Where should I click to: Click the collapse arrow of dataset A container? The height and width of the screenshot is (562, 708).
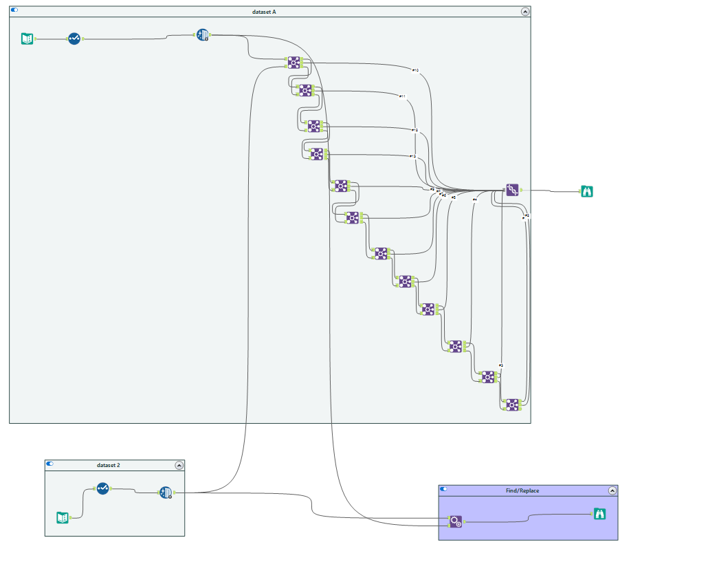click(525, 12)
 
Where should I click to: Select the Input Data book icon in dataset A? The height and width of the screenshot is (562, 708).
click(27, 39)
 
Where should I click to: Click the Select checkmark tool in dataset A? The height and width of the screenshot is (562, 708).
click(74, 39)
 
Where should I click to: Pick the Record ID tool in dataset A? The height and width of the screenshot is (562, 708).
click(203, 35)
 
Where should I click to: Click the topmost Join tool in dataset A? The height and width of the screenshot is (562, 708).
click(294, 63)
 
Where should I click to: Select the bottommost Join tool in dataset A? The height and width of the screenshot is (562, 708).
click(512, 404)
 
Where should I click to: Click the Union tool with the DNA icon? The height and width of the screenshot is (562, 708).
click(512, 190)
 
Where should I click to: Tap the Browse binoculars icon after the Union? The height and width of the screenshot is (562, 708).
click(586, 191)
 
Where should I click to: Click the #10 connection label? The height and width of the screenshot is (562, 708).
click(415, 70)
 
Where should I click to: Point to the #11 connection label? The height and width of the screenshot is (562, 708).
click(403, 96)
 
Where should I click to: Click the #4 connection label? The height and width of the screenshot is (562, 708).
click(474, 200)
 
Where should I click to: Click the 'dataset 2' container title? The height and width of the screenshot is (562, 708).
click(109, 466)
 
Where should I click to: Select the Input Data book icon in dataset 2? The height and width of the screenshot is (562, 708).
click(63, 517)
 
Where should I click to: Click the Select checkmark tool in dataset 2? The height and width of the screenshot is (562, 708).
click(102, 488)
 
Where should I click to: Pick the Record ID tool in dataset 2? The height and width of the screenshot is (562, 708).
click(166, 493)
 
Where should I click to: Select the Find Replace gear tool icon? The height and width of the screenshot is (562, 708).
click(456, 521)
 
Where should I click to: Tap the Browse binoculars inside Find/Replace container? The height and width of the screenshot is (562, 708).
click(600, 513)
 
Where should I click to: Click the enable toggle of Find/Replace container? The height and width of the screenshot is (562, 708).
click(443, 489)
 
